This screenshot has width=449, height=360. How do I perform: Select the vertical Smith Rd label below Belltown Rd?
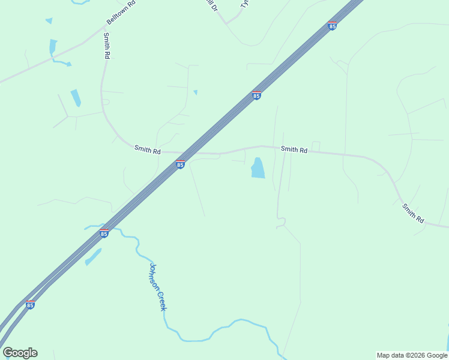(107, 46)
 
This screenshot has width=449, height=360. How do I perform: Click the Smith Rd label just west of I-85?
(147, 150)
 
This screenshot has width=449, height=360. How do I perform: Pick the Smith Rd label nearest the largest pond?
(294, 149)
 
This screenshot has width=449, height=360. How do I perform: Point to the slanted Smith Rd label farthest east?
(413, 213)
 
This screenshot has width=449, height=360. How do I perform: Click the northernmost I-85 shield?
(332, 25)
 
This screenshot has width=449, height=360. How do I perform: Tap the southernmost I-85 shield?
(30, 304)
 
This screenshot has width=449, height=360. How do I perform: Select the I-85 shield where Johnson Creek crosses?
(104, 233)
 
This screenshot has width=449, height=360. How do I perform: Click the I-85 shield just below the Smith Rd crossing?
(180, 164)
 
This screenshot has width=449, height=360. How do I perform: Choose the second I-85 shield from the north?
(256, 95)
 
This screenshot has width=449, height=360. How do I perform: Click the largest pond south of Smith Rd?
(258, 168)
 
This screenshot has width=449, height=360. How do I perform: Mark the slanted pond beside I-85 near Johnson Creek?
(93, 257)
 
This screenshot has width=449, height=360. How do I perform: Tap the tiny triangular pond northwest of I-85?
(195, 92)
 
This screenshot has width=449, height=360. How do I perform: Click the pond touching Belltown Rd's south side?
(53, 46)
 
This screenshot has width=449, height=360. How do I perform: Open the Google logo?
(20, 353)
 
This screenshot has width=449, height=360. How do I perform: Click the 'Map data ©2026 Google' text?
(411, 355)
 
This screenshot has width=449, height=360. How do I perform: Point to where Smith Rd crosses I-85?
(193, 153)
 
